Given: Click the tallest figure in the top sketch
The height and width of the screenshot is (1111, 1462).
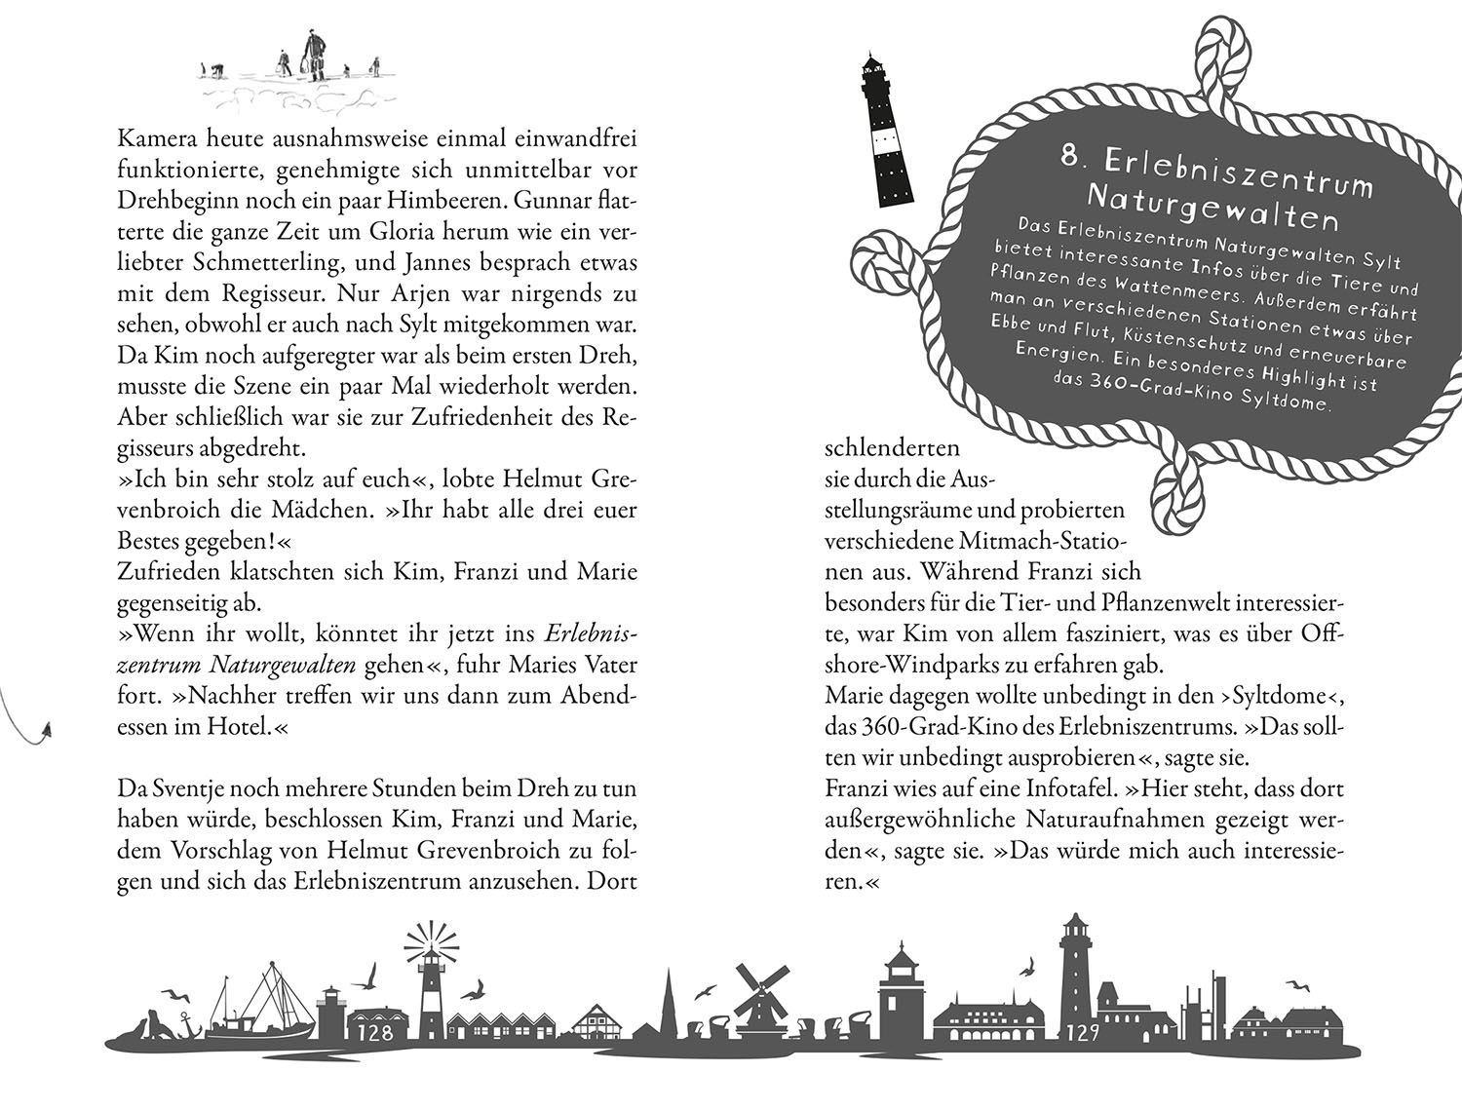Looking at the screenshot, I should coord(315,54).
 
